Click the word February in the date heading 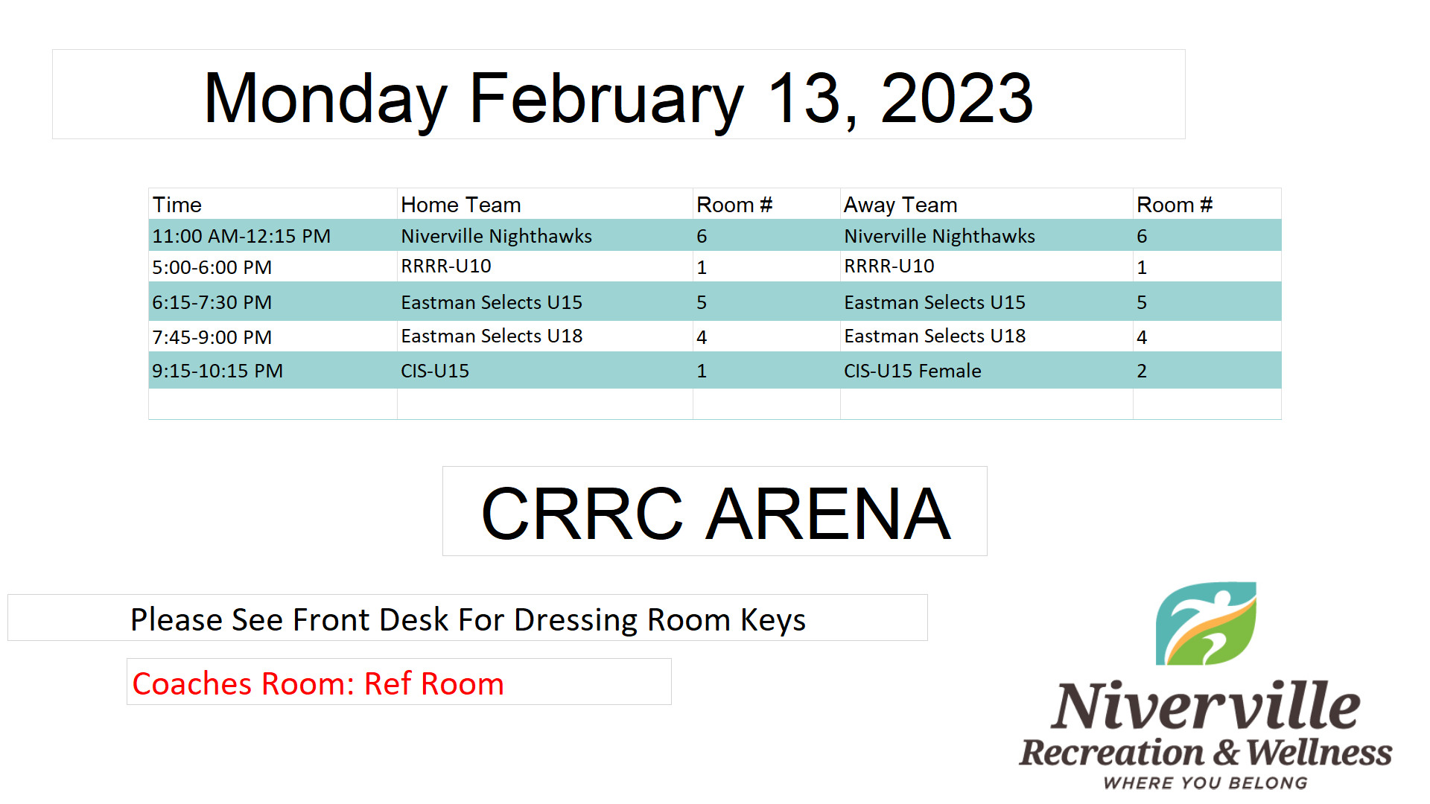coord(606,100)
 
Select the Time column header coord(177,205)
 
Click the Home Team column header coord(461,205)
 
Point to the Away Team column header coord(900,205)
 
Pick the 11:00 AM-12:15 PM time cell coord(241,236)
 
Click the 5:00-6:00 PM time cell coord(212,267)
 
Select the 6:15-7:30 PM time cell coord(212,302)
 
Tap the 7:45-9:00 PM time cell coord(212,337)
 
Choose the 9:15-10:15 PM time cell coord(217,371)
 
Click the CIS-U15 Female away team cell coord(912,371)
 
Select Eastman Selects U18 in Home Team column coord(492,336)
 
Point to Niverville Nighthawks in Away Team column coord(939,236)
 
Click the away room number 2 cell coord(1142,371)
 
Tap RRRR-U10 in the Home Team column coord(446,266)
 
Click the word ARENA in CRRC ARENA coord(828,514)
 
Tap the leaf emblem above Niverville coord(1206,624)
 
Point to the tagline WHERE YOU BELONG coord(1205,782)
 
